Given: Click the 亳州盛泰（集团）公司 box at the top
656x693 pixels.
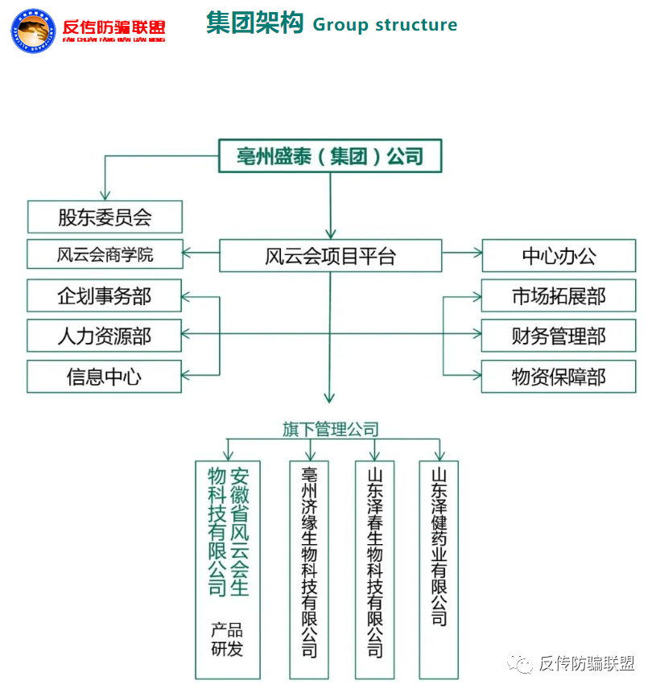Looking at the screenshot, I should tap(330, 156).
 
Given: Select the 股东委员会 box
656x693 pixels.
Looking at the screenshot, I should tap(105, 217).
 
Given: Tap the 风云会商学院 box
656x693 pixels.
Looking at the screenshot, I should tap(105, 255).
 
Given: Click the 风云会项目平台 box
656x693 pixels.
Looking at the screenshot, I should tap(330, 256).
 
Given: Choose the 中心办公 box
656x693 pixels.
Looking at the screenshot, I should tap(559, 256).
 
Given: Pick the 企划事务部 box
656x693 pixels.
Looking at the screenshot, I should tap(105, 295).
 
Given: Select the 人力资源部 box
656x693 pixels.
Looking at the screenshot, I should tap(105, 336).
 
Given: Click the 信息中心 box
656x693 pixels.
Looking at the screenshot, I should tap(105, 376).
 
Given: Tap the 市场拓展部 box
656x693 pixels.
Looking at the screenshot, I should tap(559, 296).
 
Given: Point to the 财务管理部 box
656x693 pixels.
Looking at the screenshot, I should tap(559, 336).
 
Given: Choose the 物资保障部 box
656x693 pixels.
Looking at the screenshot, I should tap(559, 376).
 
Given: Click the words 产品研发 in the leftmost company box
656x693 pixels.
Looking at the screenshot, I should tap(227, 640).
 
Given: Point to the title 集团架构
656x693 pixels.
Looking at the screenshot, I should tap(254, 23).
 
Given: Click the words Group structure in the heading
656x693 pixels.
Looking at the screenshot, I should tap(385, 25).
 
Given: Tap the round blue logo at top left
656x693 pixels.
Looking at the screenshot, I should tap(34, 30).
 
